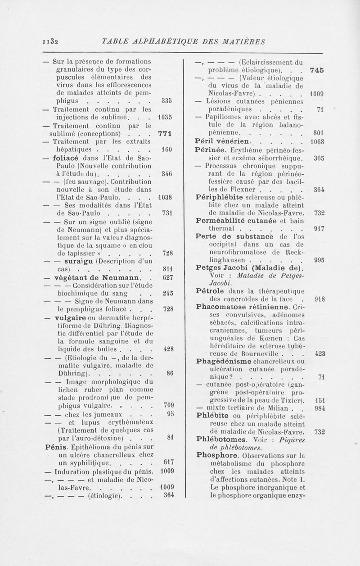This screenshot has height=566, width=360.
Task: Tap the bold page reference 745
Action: coord(318,70)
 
